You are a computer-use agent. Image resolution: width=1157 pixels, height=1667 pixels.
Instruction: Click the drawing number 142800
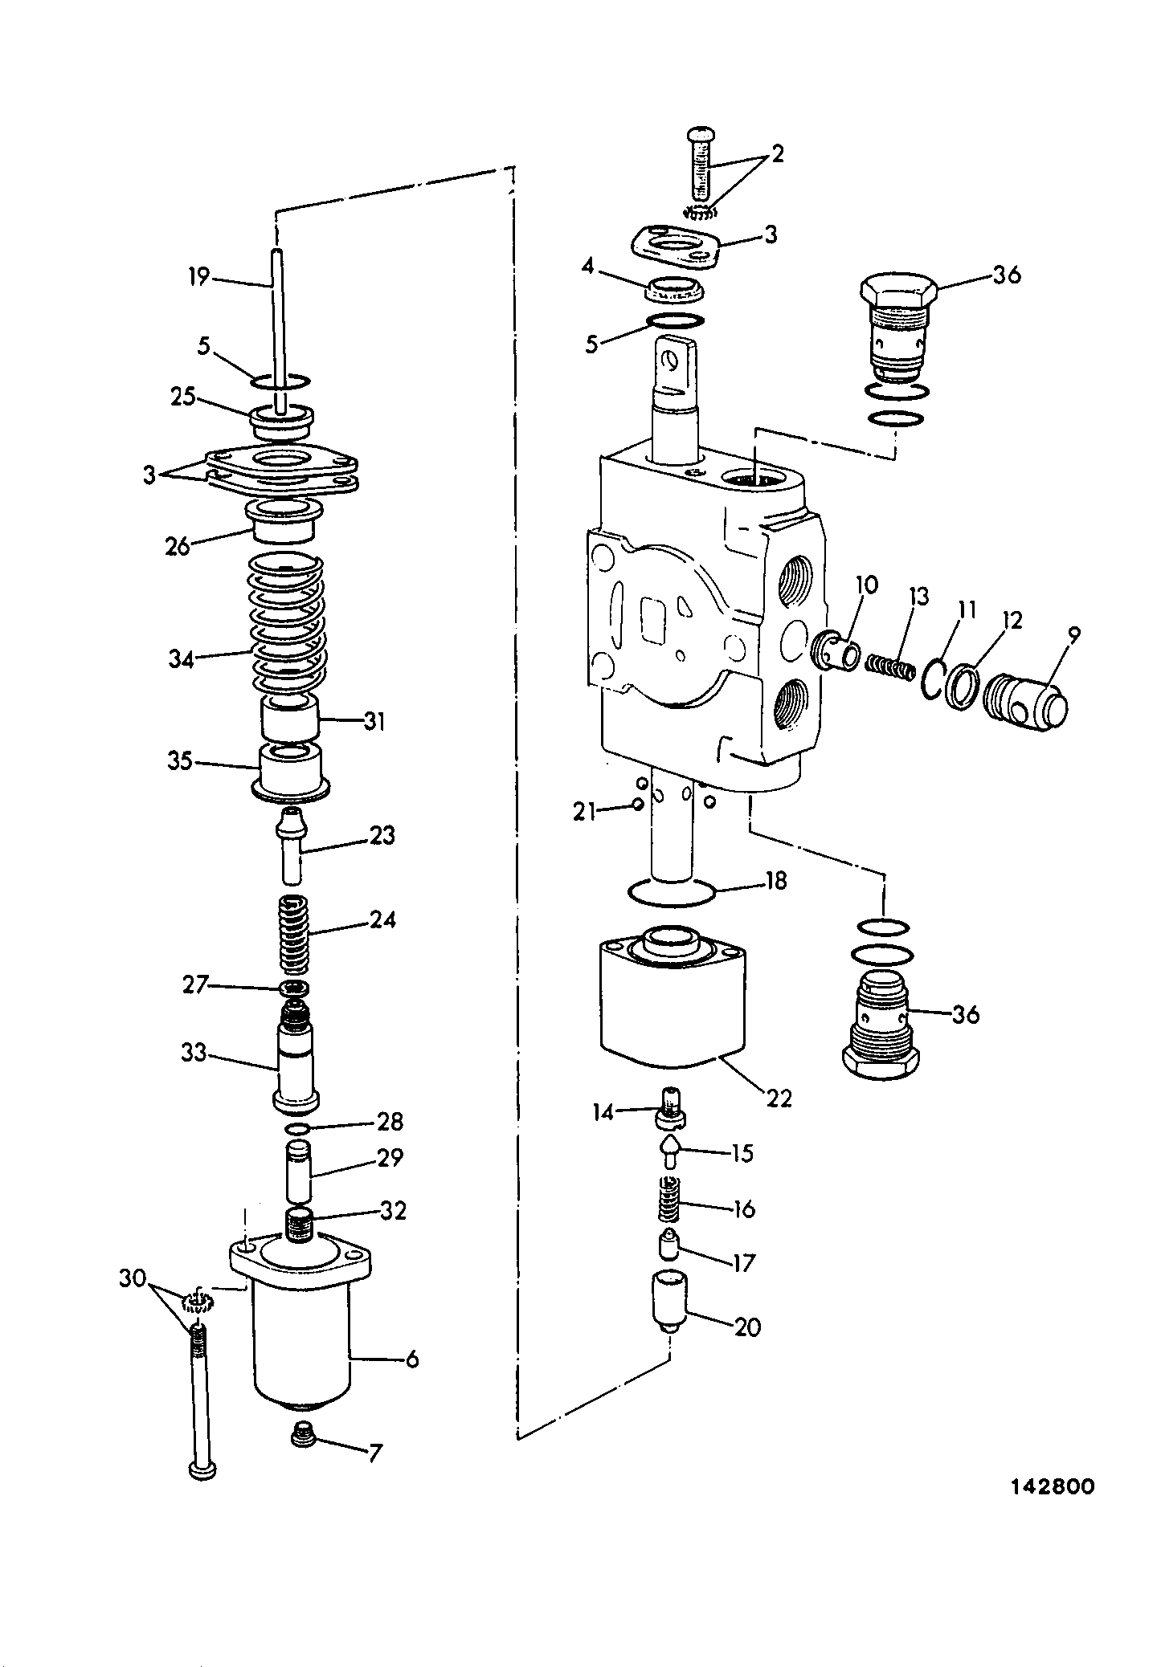tap(1052, 1486)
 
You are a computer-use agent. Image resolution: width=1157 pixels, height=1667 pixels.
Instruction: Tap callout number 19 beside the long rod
tap(198, 277)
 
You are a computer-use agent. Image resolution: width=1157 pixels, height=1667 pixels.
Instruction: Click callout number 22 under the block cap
tap(779, 1097)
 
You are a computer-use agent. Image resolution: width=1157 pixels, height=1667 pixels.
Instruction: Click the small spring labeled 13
tap(890, 667)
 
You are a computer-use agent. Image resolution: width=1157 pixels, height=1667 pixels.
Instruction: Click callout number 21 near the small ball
tap(584, 813)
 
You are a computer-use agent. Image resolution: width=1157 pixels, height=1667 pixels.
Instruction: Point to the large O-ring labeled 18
tap(670, 891)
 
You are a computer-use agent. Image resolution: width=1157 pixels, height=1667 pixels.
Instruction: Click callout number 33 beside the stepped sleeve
tap(194, 1052)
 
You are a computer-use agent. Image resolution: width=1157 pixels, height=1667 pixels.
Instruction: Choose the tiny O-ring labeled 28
tap(298, 1130)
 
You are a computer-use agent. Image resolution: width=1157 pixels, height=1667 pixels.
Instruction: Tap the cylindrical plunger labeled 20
tap(666, 1303)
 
